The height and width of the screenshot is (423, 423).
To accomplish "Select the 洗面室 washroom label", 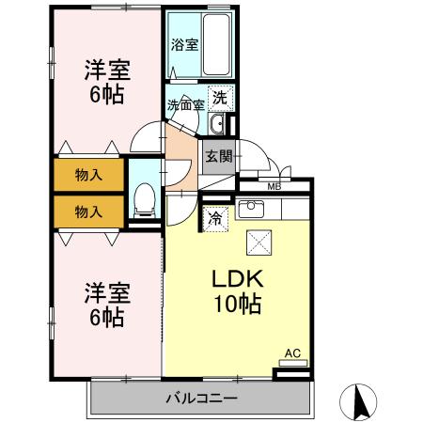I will pos(184,104).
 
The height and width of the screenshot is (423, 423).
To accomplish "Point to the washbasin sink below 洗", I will pos(217,124).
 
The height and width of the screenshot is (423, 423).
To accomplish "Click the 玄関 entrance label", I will pos(218,156).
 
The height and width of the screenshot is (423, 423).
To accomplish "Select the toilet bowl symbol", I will pos(145,198).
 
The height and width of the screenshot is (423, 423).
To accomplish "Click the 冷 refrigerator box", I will pos(215,218).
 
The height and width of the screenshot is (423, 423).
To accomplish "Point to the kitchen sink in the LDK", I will pos(251,208).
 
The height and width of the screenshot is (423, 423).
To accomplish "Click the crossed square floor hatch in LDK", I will pos(258,242).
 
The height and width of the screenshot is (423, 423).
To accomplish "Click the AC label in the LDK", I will pos(291,353).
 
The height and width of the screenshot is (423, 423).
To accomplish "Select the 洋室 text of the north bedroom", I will pos(106,70).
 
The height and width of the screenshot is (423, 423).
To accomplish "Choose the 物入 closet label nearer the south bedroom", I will pos(88,211).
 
